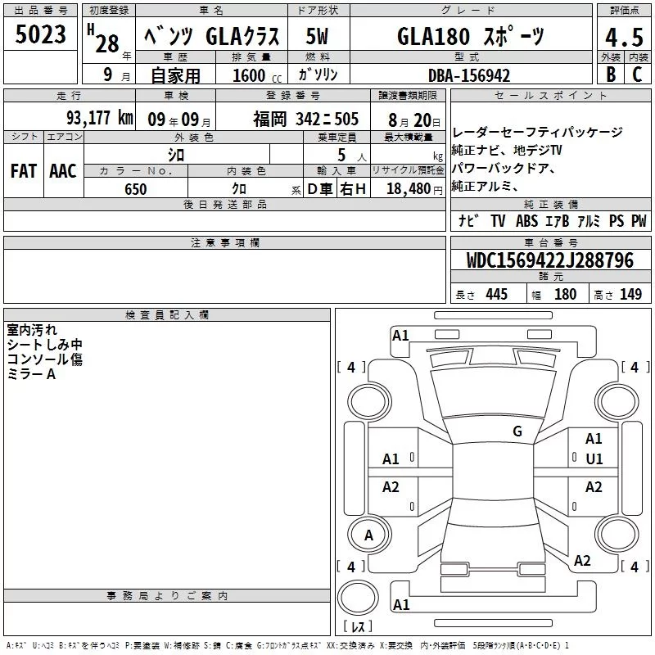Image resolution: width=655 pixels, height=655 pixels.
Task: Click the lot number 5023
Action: point(40,34)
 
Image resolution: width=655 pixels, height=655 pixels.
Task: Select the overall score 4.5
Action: point(624,37)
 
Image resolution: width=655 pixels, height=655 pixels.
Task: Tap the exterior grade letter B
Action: point(611,75)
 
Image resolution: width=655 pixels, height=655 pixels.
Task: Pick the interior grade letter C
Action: point(637,75)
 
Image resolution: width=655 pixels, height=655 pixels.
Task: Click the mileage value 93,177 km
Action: point(100,118)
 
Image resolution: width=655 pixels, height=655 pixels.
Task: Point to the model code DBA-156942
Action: point(469,75)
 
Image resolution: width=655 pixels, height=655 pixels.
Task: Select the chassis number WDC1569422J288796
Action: point(550,260)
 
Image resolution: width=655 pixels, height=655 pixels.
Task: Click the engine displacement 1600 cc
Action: point(257,75)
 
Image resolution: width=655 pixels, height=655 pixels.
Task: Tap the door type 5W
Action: point(317,36)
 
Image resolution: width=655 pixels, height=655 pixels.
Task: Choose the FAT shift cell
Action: point(24,171)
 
